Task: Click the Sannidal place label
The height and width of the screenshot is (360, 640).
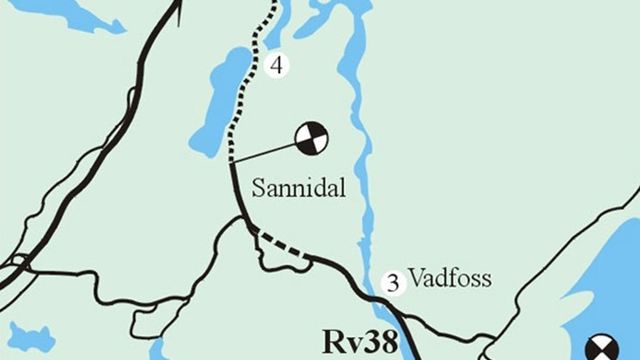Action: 299,187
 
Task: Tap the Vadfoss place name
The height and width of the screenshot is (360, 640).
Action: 449,278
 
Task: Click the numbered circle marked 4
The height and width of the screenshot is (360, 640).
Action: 279,66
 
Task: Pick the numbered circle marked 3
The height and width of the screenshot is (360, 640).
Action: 393,283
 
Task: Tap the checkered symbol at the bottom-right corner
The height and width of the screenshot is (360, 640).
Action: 604,349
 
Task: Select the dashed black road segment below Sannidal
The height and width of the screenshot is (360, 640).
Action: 284,244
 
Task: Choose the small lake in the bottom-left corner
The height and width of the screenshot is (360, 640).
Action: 30,336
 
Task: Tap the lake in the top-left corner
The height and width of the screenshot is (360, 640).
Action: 70,15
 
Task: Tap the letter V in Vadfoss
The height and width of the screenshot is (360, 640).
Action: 414,278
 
